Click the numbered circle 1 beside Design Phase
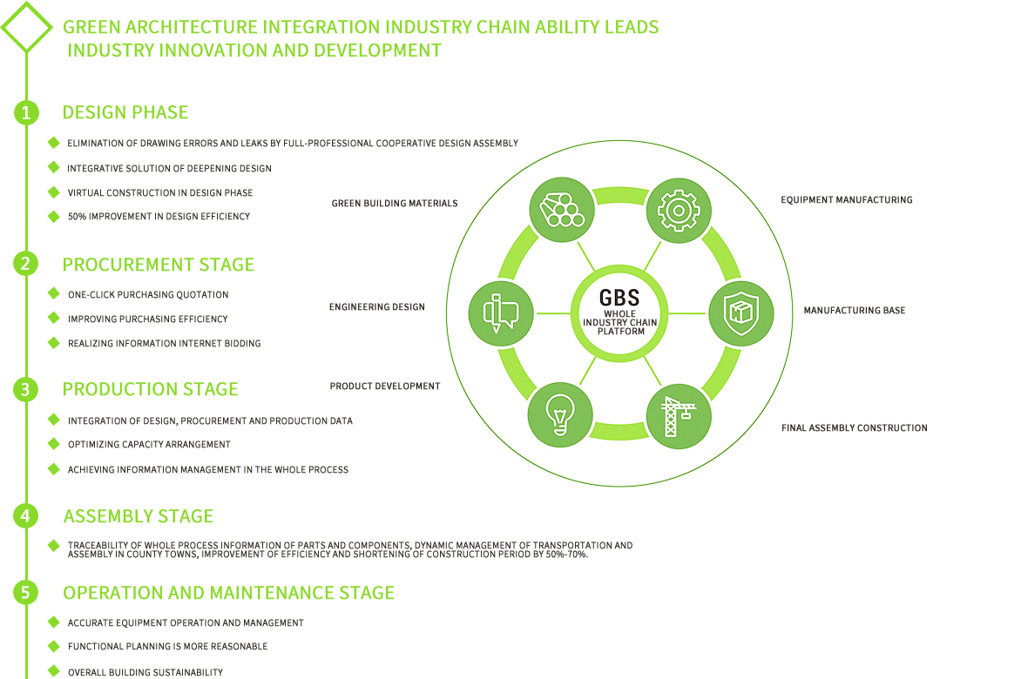pyautogui.click(x=26, y=112)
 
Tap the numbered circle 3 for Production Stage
pyautogui.click(x=26, y=389)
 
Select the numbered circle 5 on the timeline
pyautogui.click(x=26, y=593)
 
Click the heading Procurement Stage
pyautogui.click(x=159, y=265)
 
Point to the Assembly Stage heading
pyautogui.click(x=139, y=516)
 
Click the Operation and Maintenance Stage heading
pyautogui.click(x=228, y=593)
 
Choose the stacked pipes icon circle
pyautogui.click(x=562, y=210)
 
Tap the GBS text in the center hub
pyautogui.click(x=619, y=296)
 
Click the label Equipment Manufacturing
pyautogui.click(x=846, y=200)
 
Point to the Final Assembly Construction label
pyautogui.click(x=854, y=428)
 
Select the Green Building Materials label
pyautogui.click(x=394, y=204)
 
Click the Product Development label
pyautogui.click(x=384, y=387)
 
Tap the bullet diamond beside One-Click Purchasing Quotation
pyautogui.click(x=54, y=294)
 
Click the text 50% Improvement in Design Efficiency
pyautogui.click(x=159, y=216)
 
